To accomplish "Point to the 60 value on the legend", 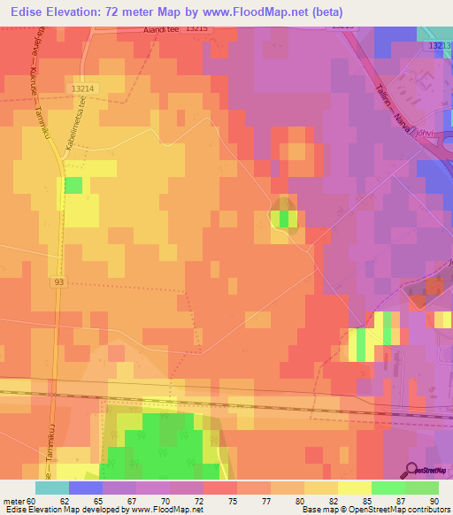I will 34,500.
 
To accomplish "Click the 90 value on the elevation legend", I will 433,500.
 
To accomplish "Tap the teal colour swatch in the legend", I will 51,488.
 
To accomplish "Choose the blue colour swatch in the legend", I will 85,488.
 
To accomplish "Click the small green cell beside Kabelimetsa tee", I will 73,185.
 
